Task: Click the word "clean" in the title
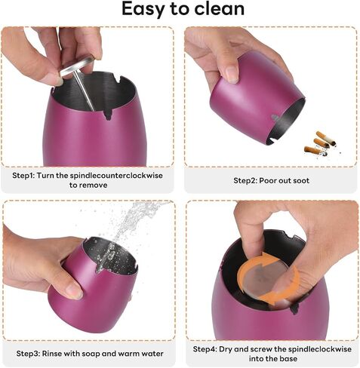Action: coord(220,8)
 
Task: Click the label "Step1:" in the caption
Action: coord(23,176)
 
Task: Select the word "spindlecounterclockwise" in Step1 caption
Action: coord(116,176)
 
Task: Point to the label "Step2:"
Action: coord(245,180)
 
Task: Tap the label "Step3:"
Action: coord(28,354)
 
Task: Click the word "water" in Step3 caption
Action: coord(152,354)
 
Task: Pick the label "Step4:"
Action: coord(205,349)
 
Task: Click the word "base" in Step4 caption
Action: coord(288,358)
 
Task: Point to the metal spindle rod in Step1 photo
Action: coord(85,91)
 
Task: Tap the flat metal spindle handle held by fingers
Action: coord(77,66)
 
